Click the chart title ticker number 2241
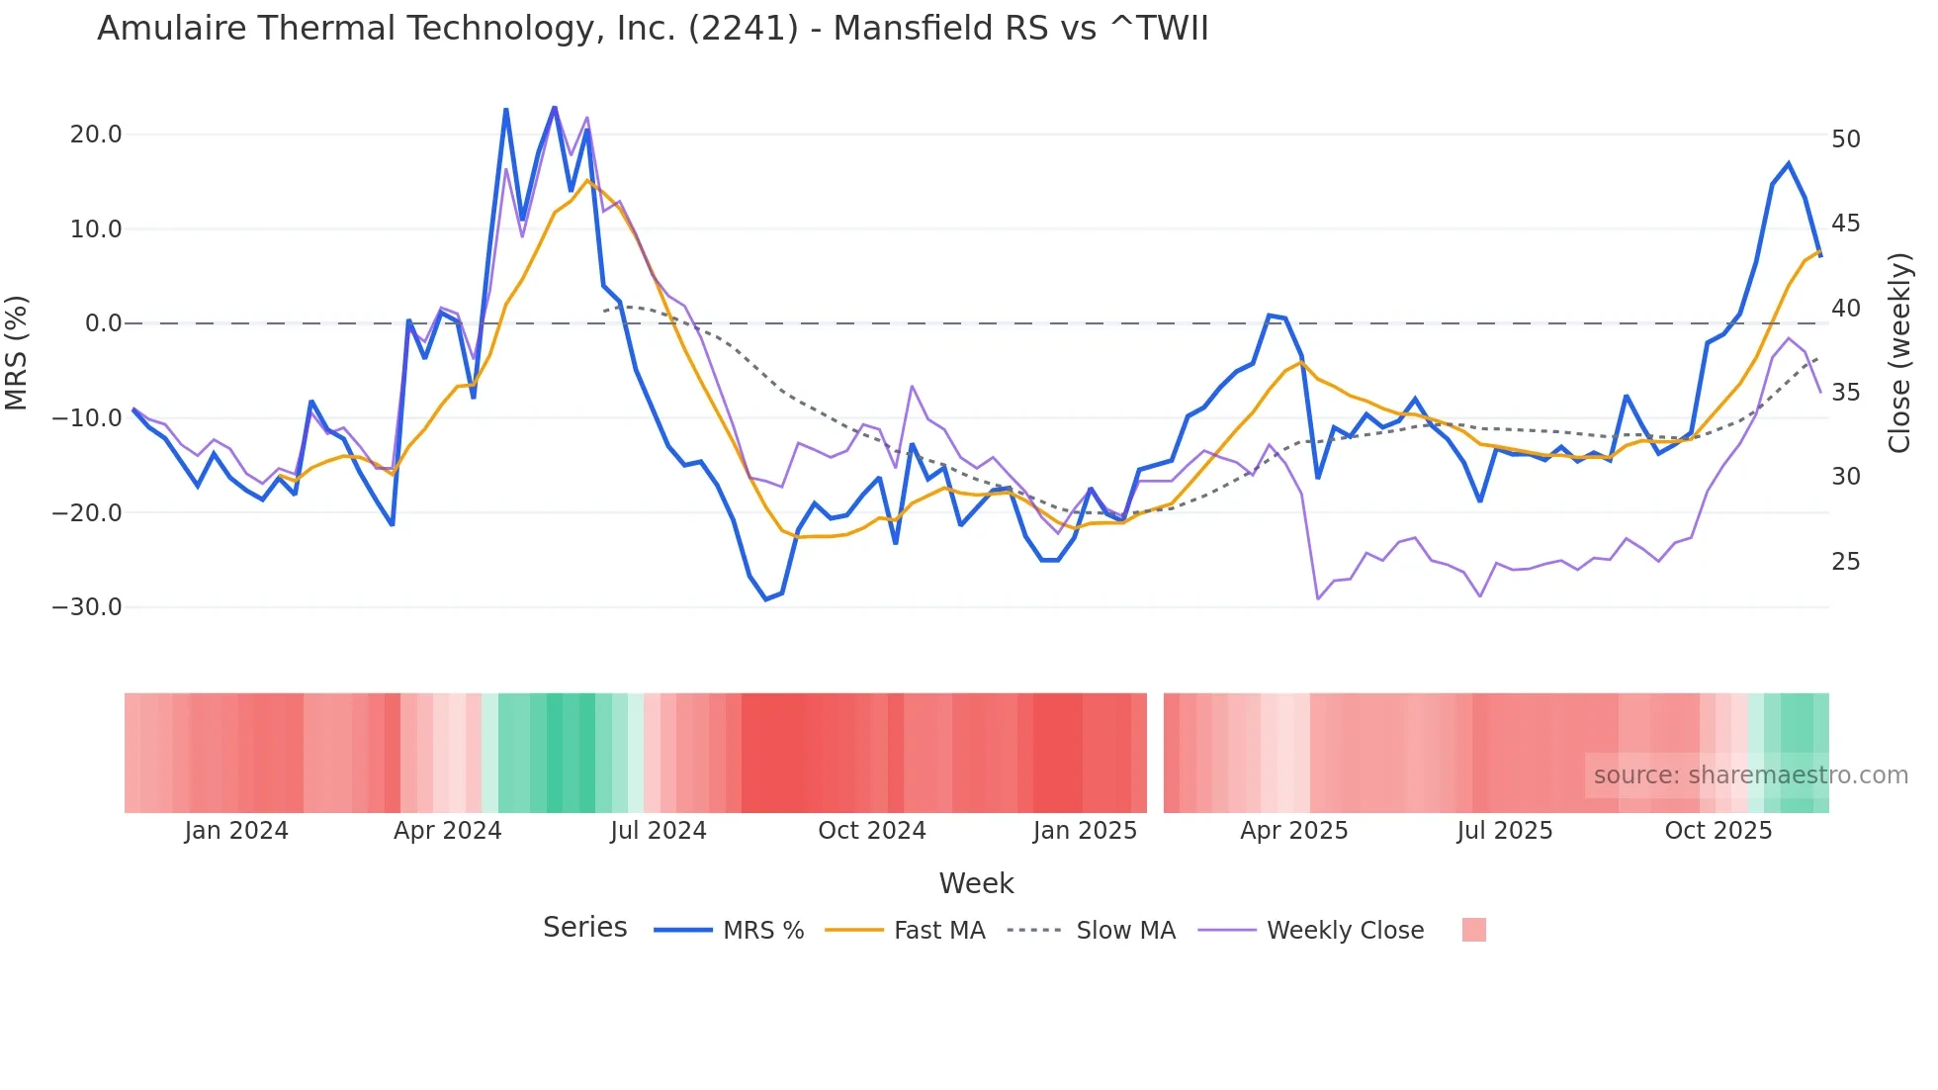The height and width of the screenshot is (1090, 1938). click(x=743, y=29)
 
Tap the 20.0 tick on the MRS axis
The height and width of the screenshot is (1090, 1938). click(x=96, y=135)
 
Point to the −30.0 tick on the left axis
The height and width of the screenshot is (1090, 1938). click(x=87, y=607)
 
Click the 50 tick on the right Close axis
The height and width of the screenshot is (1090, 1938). click(x=1845, y=139)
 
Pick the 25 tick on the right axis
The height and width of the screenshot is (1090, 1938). click(x=1845, y=562)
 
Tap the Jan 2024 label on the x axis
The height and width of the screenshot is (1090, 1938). click(x=236, y=831)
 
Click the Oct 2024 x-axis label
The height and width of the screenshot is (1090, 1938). click(x=871, y=831)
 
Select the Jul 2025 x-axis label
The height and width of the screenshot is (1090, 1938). click(x=1504, y=831)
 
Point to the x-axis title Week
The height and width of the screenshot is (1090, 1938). click(x=976, y=883)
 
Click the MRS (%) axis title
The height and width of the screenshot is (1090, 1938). click(x=17, y=352)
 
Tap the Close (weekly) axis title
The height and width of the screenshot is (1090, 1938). click(x=1899, y=353)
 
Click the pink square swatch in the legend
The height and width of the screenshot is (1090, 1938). click(x=1473, y=930)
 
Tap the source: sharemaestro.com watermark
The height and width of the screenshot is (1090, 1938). click(x=1750, y=775)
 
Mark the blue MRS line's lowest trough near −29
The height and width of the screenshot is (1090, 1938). click(x=765, y=599)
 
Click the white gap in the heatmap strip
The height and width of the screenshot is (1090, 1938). click(x=1155, y=753)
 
